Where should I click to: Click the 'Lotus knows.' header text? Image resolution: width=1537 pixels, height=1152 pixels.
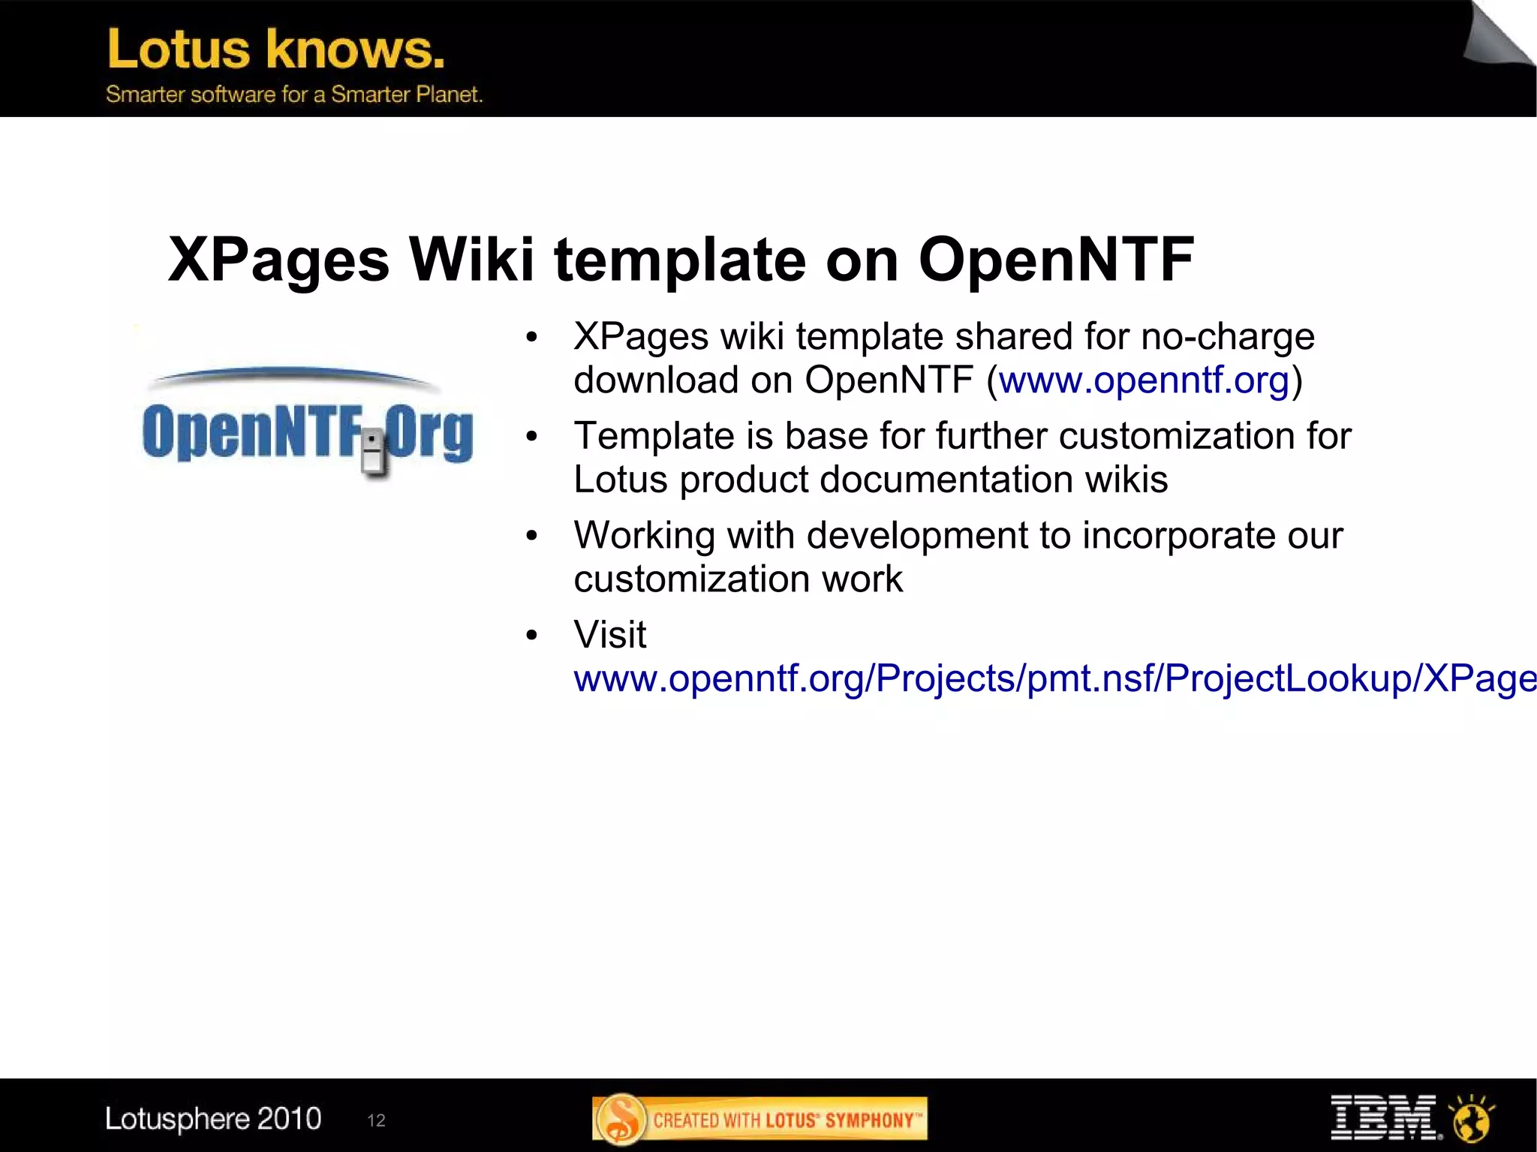click(275, 50)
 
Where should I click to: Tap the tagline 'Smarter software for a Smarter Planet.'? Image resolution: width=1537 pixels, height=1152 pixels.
click(293, 95)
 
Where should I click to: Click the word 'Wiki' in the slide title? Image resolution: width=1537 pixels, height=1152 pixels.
click(471, 260)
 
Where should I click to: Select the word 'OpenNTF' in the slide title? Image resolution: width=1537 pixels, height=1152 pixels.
click(1056, 260)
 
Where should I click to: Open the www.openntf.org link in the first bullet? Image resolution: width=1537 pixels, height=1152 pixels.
click(1144, 380)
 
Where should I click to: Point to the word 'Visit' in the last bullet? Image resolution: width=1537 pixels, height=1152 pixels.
click(609, 635)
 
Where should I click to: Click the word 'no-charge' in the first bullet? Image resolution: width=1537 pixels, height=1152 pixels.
click(1228, 336)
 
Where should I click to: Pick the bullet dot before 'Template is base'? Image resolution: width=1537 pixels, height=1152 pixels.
click(532, 437)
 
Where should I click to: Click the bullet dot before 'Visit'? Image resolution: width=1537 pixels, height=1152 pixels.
click(532, 636)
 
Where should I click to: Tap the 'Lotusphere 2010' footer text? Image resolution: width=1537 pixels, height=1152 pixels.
click(213, 1119)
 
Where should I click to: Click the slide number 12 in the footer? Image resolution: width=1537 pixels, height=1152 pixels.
click(376, 1120)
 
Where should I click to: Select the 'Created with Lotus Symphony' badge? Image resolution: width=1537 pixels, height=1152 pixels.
click(759, 1120)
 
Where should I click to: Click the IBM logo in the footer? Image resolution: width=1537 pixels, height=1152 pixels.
click(1384, 1117)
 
